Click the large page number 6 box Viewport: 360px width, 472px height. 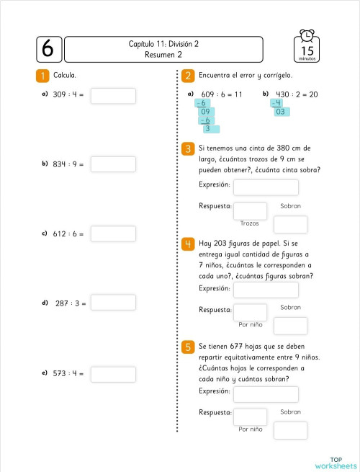click(x=48, y=48)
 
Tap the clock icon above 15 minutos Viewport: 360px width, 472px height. click(x=307, y=36)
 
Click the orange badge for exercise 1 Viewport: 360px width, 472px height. click(x=42, y=75)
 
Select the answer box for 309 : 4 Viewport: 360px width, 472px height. click(x=113, y=95)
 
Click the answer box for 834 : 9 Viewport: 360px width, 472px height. click(x=113, y=164)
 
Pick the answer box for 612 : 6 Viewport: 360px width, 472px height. click(x=113, y=233)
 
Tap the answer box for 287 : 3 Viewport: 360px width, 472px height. click(x=113, y=303)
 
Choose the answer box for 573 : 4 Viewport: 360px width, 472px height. click(x=113, y=374)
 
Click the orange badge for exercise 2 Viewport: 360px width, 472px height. click(x=187, y=75)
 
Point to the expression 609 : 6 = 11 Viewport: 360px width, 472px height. click(x=221, y=94)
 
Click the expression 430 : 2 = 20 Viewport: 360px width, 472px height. click(x=297, y=94)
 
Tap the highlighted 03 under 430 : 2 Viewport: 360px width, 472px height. click(x=281, y=112)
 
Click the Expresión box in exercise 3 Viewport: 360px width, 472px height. click(x=266, y=187)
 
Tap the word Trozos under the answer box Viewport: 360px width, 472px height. click(x=250, y=223)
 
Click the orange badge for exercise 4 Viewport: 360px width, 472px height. click(x=187, y=243)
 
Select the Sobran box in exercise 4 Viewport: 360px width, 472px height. click(x=290, y=326)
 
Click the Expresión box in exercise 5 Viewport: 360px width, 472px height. click(x=266, y=394)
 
